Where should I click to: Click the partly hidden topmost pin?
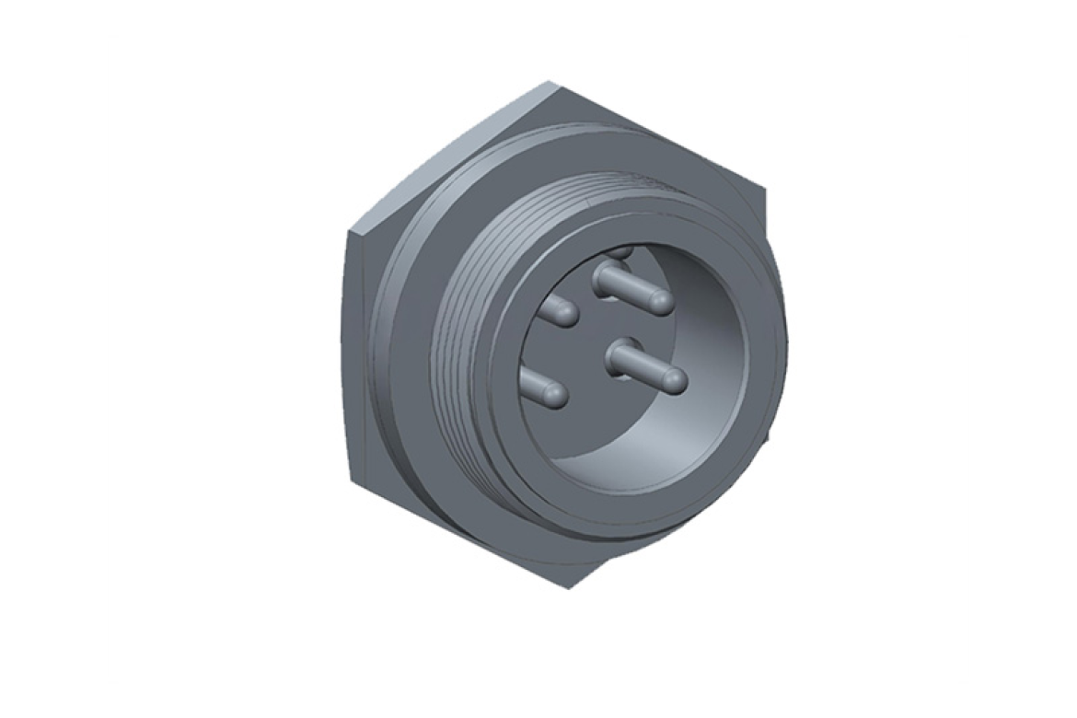click(x=621, y=249)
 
